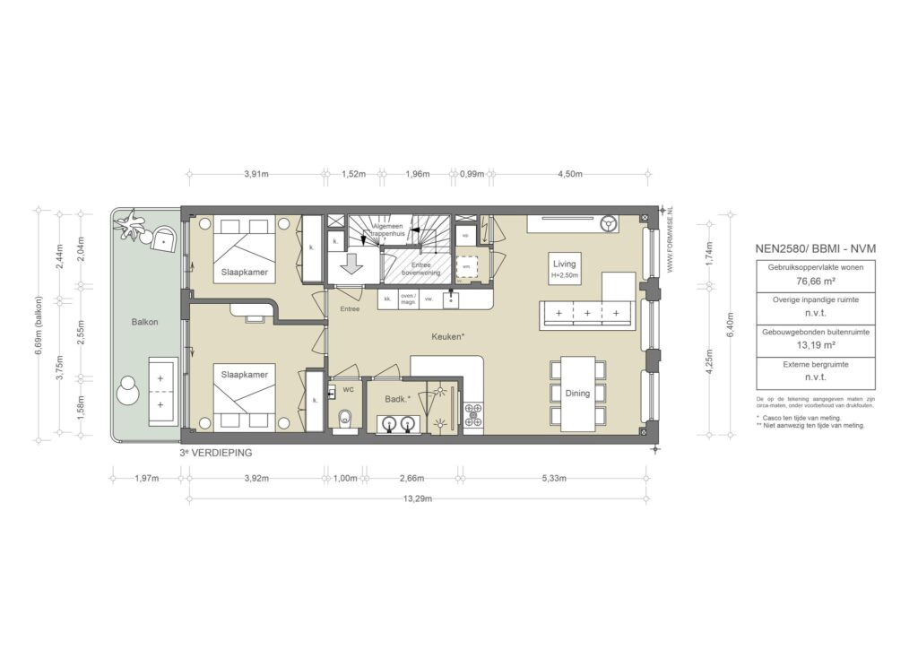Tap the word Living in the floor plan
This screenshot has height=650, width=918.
click(564, 264)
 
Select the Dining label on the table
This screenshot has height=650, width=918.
click(577, 393)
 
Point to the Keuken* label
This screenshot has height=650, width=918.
click(447, 337)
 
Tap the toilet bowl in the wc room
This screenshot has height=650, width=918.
click(346, 419)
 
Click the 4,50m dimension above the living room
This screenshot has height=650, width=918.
click(570, 174)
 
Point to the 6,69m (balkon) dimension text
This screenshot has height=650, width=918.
click(39, 325)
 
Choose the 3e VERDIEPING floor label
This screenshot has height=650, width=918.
click(215, 454)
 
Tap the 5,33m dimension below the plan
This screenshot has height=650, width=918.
click(555, 478)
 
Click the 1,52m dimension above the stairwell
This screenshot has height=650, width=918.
click(354, 174)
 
